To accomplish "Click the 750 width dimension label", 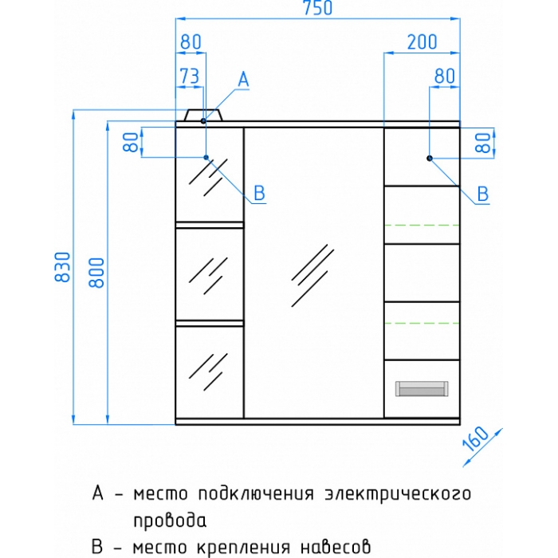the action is pyautogui.click(x=318, y=8).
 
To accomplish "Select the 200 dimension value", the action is pyautogui.click(x=422, y=42).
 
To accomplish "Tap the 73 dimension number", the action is pyautogui.click(x=190, y=76).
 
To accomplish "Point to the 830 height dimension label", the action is pyautogui.click(x=63, y=267).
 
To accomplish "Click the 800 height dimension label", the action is pyautogui.click(x=96, y=273).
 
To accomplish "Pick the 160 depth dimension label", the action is pyautogui.click(x=476, y=438).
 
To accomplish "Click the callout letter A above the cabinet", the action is pyautogui.click(x=243, y=79).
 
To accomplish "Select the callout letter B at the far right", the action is pyautogui.click(x=483, y=194).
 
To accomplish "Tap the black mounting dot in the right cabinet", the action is pyautogui.click(x=430, y=158).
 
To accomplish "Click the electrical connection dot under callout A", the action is pyautogui.click(x=203, y=121).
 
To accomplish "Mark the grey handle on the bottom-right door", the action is pyautogui.click(x=422, y=389).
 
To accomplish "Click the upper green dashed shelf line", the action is pyautogui.click(x=422, y=226).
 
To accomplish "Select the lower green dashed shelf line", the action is pyautogui.click(x=422, y=323).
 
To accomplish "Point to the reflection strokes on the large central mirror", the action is pyautogui.click(x=312, y=276).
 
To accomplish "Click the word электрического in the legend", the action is pyautogui.click(x=399, y=494).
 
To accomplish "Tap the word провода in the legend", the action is pyautogui.click(x=170, y=521).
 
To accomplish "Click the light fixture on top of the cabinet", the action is pyautogui.click(x=203, y=115).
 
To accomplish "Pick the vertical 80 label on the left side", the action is pyautogui.click(x=131, y=142).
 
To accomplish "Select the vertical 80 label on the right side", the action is pyautogui.click(x=484, y=143).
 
